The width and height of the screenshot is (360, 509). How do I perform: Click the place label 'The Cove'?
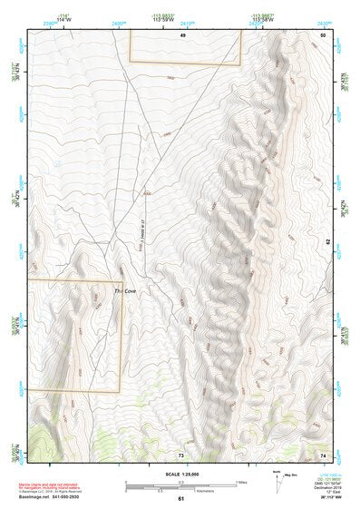coord(124,291)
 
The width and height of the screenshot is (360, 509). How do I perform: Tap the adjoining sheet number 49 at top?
coord(182,34)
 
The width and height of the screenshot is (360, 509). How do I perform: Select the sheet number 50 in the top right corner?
coord(322,34)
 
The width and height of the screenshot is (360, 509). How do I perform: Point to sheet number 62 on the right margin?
coord(328,243)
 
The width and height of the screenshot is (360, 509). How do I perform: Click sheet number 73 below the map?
coord(181,455)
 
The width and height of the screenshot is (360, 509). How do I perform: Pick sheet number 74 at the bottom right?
coord(322,455)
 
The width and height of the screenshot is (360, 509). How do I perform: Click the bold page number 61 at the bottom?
coord(181,499)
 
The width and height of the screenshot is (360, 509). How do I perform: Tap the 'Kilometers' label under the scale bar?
coord(182,494)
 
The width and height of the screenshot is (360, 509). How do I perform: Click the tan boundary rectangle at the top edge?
coord(185,47)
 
